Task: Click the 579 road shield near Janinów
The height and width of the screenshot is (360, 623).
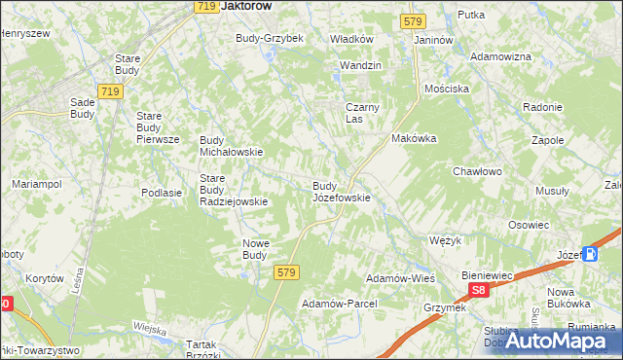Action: (x=412, y=20)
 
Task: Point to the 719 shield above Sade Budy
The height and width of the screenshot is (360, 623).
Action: (x=109, y=91)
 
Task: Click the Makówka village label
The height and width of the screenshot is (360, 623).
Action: (x=414, y=138)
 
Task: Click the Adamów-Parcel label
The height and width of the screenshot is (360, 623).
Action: (x=339, y=304)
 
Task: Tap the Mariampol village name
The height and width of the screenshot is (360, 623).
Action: (x=37, y=184)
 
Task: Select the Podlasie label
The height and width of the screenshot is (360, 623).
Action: (x=162, y=193)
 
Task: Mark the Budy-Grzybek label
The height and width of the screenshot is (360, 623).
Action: (x=270, y=38)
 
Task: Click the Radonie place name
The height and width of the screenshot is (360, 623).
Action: (x=542, y=107)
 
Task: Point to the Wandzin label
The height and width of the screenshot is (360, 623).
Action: (x=359, y=65)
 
